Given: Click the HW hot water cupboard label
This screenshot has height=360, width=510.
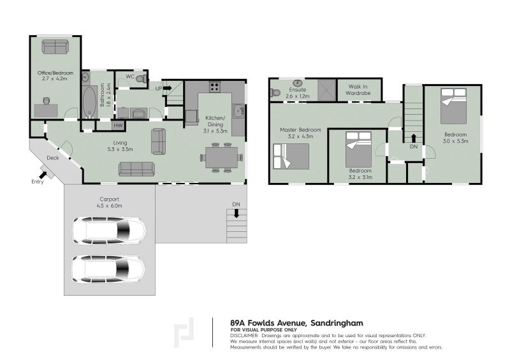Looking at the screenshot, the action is coord(118,125).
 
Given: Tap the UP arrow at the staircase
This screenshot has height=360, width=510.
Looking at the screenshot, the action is coord(167,88).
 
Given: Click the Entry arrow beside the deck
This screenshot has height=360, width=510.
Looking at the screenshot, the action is coord(43,175).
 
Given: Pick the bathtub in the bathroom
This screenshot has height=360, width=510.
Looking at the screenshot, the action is coord(89,101).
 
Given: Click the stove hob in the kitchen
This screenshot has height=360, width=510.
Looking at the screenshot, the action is coord(215,87).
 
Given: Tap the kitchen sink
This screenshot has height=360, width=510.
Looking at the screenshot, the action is coord(238,112).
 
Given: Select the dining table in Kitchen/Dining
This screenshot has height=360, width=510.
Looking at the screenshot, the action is coord(221,157).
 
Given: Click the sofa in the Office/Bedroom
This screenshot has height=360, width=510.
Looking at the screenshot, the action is coord(55,47).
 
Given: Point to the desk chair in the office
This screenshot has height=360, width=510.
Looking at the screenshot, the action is coord(46,101).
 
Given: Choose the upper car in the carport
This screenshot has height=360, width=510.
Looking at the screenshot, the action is coord(108,231).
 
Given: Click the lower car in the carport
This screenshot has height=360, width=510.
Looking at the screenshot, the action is coord(108,269).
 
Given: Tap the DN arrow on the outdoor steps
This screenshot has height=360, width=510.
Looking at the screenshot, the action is coord(237,213).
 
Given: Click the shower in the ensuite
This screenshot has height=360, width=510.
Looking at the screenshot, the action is coord(326,90).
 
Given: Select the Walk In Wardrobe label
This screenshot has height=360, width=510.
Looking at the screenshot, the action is coord(358,90).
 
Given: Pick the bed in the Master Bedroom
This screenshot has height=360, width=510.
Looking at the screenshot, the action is coord(291,156).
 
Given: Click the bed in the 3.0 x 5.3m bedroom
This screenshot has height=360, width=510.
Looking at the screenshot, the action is coord(453,106).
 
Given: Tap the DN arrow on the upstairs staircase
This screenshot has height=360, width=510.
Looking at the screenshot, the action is coord(413,138).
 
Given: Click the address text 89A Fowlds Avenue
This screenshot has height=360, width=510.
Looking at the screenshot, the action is coord(268,323).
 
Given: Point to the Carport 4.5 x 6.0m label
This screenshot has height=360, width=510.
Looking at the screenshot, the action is coord(109,202).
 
